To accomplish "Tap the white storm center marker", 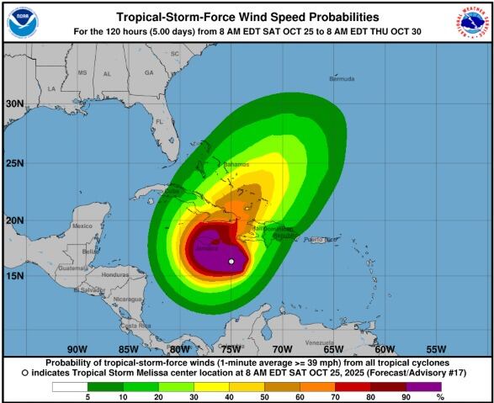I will click(x=231, y=262).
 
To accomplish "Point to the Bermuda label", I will click(x=343, y=77).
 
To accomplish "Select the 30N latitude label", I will click(x=14, y=104).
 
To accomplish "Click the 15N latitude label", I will click(x=14, y=275).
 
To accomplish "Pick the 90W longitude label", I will click(x=77, y=348).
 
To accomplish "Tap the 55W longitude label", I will click(x=436, y=348).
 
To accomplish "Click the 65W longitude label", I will click(x=333, y=348).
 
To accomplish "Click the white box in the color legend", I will click(x=70, y=386).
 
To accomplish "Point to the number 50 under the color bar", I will click(x=265, y=396).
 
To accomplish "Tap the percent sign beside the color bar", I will click(x=463, y=396).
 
